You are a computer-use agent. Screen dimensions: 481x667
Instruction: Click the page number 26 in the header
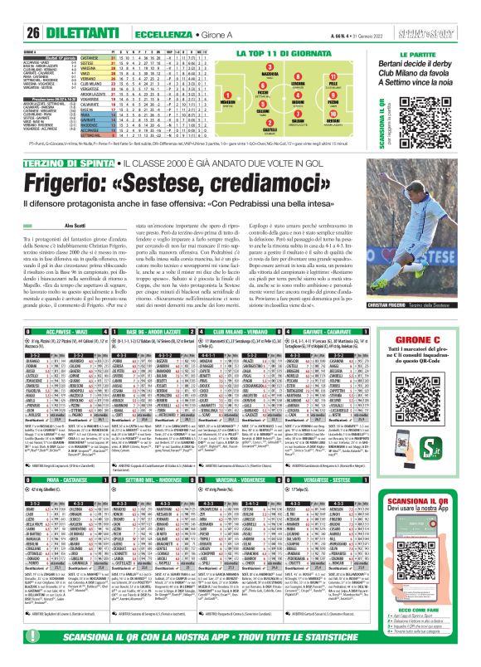pyautogui.click(x=12, y=10)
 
